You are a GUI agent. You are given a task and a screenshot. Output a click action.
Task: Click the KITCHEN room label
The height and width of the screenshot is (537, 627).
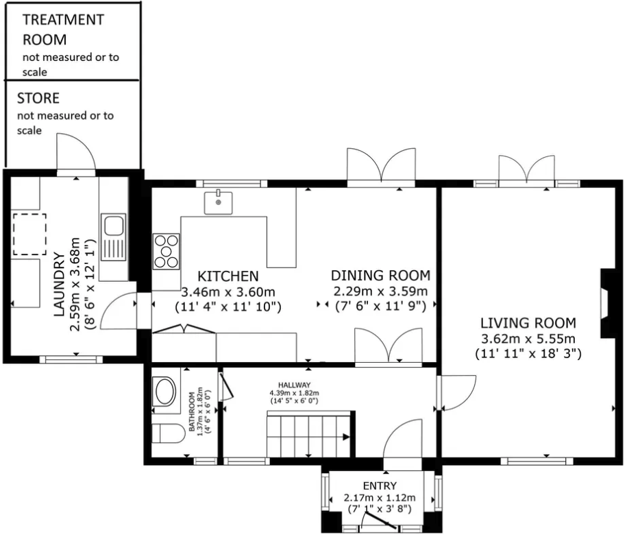tap(228, 276)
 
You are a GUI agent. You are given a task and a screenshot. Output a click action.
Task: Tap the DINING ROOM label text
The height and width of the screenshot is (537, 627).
tap(380, 276)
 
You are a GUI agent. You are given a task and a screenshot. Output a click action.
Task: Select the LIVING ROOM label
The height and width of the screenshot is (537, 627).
tap(528, 323)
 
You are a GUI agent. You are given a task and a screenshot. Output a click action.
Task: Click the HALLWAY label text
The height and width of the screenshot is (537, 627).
tap(294, 385)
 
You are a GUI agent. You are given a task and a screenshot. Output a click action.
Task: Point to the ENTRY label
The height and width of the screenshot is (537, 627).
tap(380, 486)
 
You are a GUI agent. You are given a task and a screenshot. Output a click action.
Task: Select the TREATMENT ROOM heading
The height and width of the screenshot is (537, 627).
tap(63, 29)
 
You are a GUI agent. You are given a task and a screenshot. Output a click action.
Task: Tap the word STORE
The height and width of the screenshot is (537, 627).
tap(38, 99)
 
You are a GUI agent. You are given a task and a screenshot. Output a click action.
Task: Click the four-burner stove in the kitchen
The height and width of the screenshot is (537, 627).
tap(166, 250)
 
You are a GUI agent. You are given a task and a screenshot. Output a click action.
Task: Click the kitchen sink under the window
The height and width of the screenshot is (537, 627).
tap(218, 202)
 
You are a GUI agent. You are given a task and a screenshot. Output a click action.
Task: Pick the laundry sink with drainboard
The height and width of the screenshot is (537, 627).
tap(112, 237)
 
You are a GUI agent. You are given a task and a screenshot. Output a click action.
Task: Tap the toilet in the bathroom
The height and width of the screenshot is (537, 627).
tap(168, 434)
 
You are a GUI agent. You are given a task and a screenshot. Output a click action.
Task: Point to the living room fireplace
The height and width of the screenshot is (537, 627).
tap(608, 302)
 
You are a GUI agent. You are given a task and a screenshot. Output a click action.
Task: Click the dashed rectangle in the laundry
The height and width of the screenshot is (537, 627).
tap(29, 234)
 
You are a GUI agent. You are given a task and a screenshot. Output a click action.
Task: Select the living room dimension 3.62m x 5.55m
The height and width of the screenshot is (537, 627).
tap(528, 339)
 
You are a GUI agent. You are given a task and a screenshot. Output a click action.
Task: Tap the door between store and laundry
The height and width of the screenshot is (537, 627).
tap(76, 154)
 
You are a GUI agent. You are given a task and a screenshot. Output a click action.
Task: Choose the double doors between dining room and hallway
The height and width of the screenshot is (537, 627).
tap(389, 346)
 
